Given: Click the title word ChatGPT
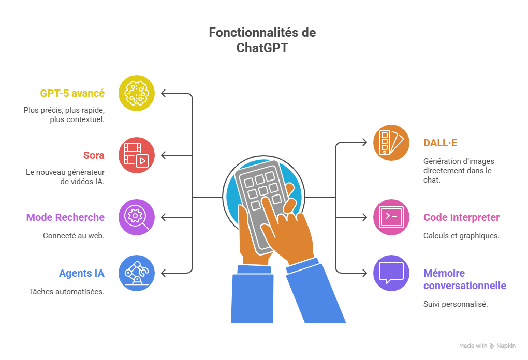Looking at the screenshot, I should point(262,48).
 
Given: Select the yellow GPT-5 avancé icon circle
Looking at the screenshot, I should point(137,93).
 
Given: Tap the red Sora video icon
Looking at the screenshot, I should point(137,155).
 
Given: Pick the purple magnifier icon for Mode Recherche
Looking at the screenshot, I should point(137,217).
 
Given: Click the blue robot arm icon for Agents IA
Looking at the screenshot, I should point(137,273).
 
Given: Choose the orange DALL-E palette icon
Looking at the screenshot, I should point(391,142).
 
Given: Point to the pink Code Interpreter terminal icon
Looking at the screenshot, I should point(391,217).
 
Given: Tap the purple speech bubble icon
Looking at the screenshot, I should point(391,273).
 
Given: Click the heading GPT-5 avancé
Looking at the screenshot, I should point(72,94).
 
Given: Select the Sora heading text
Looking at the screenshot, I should point(94,155).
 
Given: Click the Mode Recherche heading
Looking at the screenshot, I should point(65,217).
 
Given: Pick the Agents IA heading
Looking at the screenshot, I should point(81,273).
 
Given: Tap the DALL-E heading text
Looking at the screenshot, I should point(441,143).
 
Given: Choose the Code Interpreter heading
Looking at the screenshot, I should point(461,217).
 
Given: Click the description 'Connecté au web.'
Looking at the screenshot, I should point(74,236).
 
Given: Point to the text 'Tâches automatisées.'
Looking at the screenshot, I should point(66,292).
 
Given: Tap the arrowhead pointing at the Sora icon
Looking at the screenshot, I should point(164,155).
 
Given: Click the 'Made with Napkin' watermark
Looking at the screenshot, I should point(487,346).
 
